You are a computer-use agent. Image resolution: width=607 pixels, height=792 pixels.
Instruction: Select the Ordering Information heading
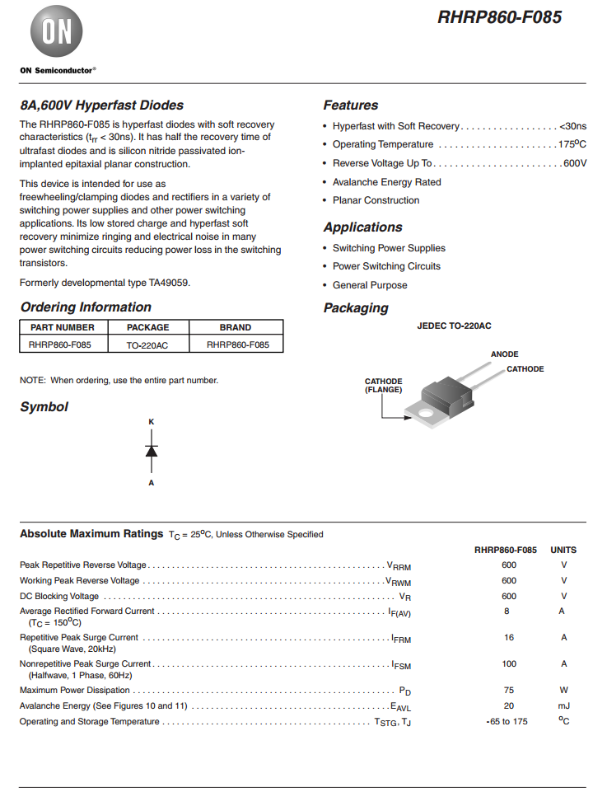tap(86, 307)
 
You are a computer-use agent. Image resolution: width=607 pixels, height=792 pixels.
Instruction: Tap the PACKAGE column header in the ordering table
tap(148, 327)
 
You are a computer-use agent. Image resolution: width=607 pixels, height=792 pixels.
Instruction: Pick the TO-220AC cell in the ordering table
tap(148, 344)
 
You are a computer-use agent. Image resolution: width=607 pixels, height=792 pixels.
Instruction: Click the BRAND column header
tap(236, 327)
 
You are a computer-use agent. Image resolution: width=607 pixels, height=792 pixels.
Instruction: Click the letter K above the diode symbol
tap(151, 422)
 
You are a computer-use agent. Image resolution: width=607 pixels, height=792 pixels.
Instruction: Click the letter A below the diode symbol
tap(151, 483)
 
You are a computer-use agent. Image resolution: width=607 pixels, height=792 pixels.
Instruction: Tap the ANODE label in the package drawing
tap(504, 354)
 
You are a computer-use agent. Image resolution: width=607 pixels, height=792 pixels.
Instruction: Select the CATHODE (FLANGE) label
tap(384, 386)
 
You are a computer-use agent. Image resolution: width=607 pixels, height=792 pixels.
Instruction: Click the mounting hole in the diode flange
tap(425, 412)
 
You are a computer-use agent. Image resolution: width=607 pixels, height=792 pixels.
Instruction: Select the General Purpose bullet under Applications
tap(370, 285)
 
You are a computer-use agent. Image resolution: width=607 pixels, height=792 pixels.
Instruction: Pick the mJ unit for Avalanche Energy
tap(563, 706)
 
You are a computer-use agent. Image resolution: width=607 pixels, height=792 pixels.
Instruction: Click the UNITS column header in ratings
tap(563, 550)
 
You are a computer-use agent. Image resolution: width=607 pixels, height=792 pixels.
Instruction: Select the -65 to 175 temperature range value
tap(507, 722)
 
